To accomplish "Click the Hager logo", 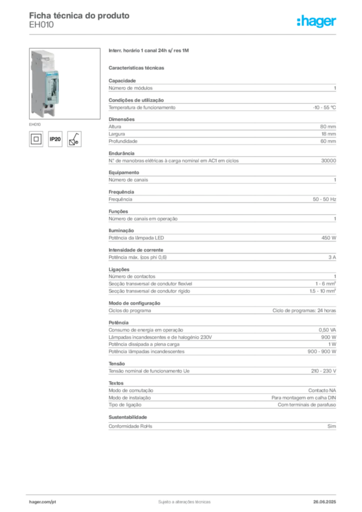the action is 316,21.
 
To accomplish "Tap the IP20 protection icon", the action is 55,139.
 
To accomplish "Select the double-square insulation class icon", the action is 36,139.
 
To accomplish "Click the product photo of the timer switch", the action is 64,83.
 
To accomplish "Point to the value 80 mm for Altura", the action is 327,126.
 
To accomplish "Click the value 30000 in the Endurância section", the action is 328,160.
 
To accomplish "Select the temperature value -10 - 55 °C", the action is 324,107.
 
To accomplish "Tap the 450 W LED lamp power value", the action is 328,238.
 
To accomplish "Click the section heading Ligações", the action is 119,269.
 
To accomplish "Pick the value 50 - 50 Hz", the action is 324,199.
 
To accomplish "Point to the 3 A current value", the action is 332,257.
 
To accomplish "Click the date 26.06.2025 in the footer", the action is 324,502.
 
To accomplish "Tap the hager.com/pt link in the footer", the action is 42,502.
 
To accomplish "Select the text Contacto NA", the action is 322,390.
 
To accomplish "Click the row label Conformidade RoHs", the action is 130,426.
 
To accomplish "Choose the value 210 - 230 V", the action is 323,371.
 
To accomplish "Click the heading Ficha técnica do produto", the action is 79,15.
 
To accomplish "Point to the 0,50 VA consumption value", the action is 327,330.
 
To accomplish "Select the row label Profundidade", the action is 122,141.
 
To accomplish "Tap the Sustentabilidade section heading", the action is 127,417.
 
